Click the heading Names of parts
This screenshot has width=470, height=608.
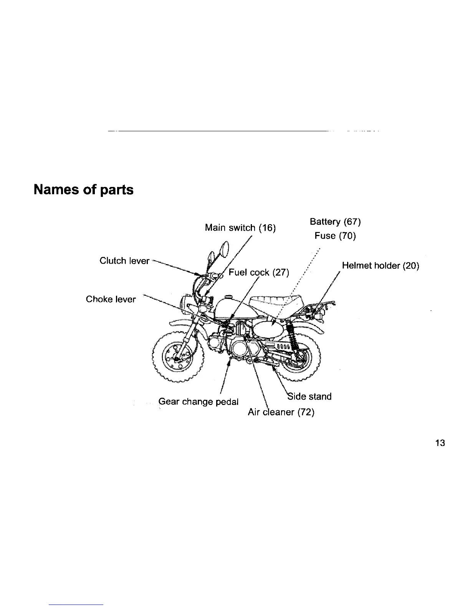click(84, 190)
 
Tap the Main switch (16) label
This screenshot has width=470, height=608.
click(240, 228)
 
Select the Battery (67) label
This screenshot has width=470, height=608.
click(335, 222)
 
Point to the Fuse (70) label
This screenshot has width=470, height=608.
click(335, 236)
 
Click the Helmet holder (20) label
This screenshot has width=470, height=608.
click(380, 266)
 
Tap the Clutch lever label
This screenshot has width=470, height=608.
click(124, 261)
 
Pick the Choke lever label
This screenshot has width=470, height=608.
click(111, 299)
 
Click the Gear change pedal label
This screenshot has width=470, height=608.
click(199, 402)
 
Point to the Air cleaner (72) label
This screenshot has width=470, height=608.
click(281, 413)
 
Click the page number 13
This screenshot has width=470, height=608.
click(440, 443)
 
